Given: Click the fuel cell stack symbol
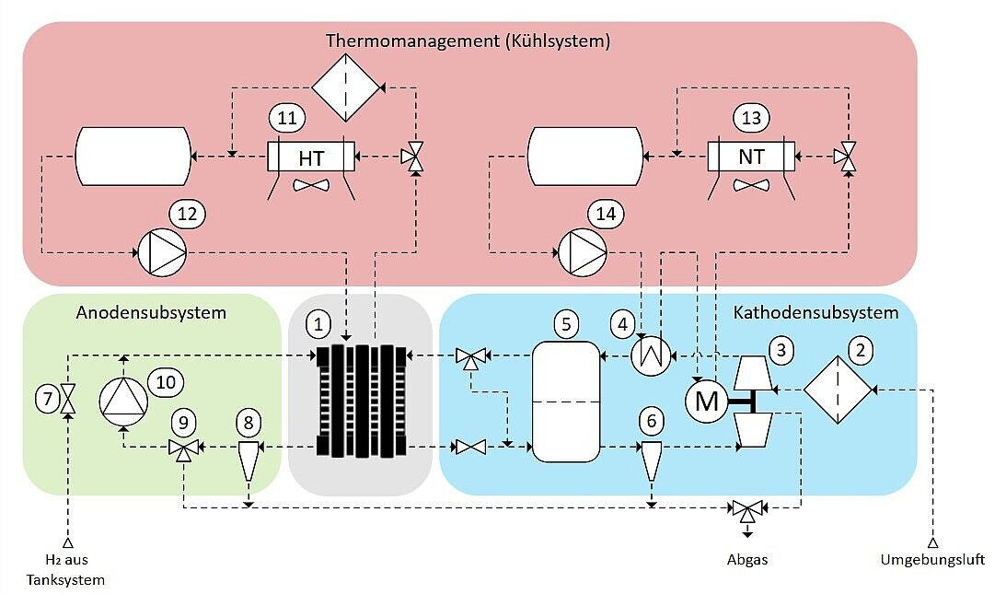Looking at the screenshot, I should pos(360,401).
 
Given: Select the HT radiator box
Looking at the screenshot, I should pos(311,157).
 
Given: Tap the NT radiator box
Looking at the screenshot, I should pos(751,157).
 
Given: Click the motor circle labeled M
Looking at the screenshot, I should pos(706,401).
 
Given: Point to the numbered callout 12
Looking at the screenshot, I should pos(188,214).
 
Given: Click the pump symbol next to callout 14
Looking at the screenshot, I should pos(583,250).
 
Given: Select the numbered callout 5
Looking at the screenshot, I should pos(567,324).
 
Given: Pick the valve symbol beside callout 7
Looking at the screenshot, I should pos(68,400).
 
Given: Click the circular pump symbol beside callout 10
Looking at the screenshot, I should pos(123,401).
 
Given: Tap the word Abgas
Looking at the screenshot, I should pos(746,559).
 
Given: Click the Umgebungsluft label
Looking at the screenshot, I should pos(932,559).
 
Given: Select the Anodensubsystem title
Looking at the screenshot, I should pos(151,312).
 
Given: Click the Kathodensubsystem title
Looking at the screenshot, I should pos(815,312).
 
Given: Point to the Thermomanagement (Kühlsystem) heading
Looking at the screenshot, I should pos(468,41).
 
